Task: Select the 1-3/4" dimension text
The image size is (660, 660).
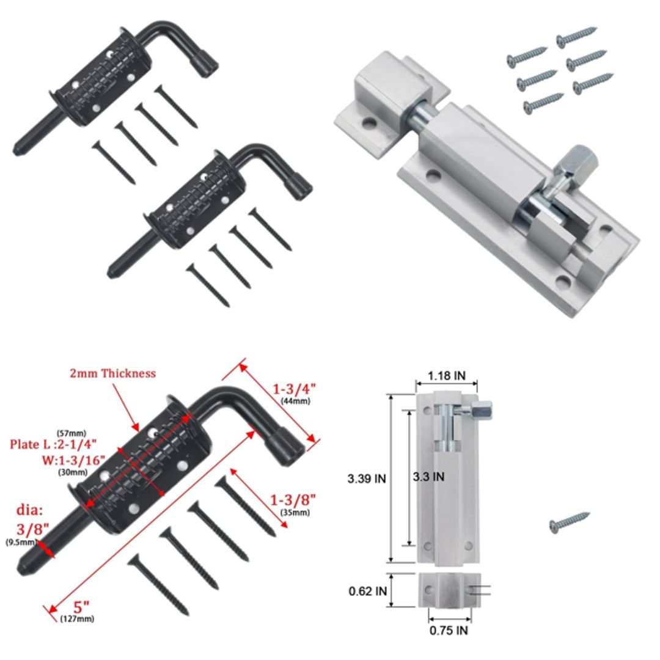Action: (295, 389)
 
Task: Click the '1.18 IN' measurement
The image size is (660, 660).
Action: (447, 376)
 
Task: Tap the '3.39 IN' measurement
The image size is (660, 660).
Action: (367, 479)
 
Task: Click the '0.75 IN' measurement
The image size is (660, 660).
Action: (449, 630)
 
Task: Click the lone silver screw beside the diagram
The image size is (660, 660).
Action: (569, 522)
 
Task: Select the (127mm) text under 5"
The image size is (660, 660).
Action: (78, 619)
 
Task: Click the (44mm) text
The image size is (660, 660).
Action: (295, 401)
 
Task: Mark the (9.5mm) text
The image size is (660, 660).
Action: (20, 542)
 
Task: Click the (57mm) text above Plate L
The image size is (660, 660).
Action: (68, 433)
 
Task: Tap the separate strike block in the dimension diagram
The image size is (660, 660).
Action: (449, 590)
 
